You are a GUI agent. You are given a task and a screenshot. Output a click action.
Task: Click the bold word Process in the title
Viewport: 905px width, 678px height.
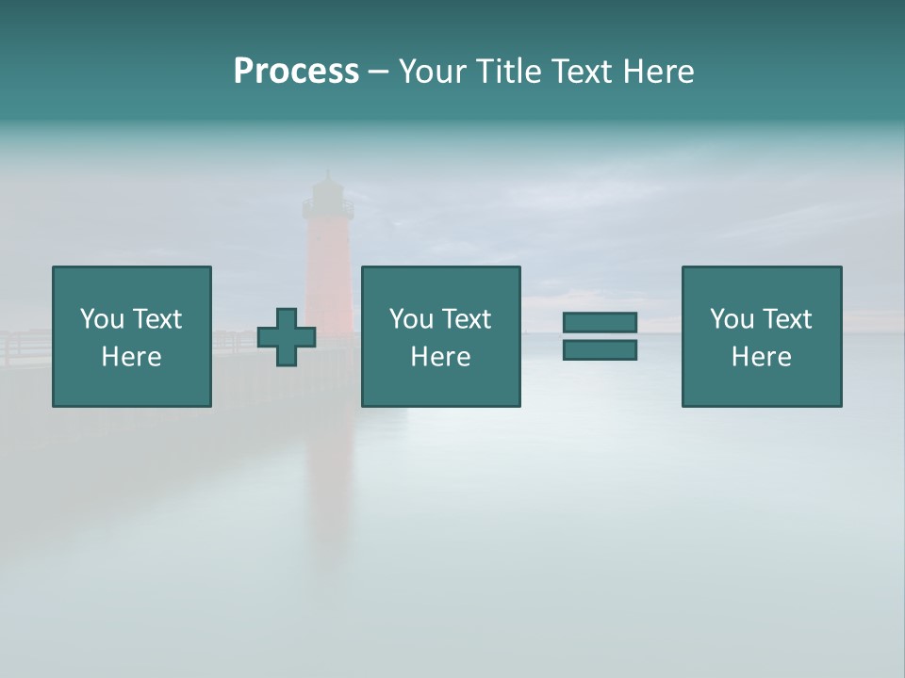pos(296,72)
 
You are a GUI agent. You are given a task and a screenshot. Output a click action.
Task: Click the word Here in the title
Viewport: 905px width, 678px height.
pos(659,72)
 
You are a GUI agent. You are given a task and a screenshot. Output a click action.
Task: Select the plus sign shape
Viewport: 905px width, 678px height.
pos(287,337)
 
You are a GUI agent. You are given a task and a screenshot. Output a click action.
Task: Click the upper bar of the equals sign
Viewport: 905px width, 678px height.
pos(600,323)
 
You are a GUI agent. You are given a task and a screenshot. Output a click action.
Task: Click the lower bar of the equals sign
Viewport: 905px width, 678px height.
pos(600,350)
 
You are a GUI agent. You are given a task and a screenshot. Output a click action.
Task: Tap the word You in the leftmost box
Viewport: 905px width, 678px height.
pos(101,319)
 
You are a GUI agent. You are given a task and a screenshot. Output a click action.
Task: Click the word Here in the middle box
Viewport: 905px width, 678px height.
pos(441,357)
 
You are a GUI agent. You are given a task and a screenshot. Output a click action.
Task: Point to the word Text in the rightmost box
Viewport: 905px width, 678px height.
pos(788,319)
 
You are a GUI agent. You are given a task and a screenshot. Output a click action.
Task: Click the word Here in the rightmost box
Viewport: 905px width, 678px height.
pos(762,357)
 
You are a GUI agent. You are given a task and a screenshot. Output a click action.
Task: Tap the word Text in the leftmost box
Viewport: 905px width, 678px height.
pos(156,319)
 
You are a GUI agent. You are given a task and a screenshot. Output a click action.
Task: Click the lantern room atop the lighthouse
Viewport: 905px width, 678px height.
pos(327,198)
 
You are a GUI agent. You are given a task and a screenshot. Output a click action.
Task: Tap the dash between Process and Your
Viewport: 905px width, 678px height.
pos(378,73)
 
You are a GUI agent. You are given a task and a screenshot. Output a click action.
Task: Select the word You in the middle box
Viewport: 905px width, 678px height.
pos(411,319)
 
